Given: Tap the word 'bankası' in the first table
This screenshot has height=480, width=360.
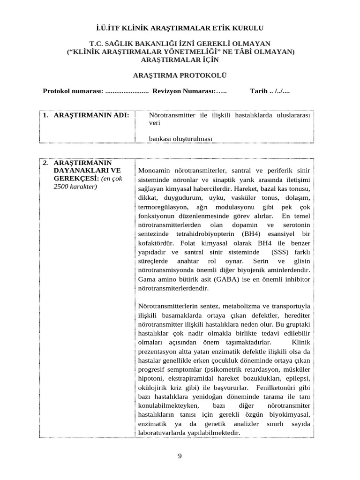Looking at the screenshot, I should (161, 139).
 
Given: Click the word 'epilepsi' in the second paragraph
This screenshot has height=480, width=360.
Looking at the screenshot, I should (298, 378).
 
